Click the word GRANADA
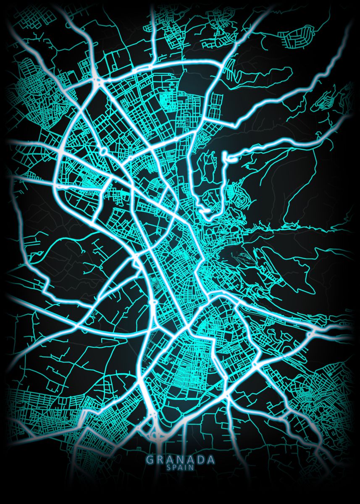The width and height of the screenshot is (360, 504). [x=180, y=459]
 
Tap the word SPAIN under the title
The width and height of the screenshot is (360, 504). [x=180, y=467]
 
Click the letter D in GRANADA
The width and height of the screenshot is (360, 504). [x=201, y=459]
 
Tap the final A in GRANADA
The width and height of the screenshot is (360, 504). [x=211, y=459]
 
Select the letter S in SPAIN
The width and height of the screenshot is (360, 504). [x=169, y=467]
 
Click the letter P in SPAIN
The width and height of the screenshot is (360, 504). [x=174, y=467]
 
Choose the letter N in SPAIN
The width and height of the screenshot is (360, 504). [x=191, y=467]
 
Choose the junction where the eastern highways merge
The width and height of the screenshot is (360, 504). [x=312, y=334]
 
